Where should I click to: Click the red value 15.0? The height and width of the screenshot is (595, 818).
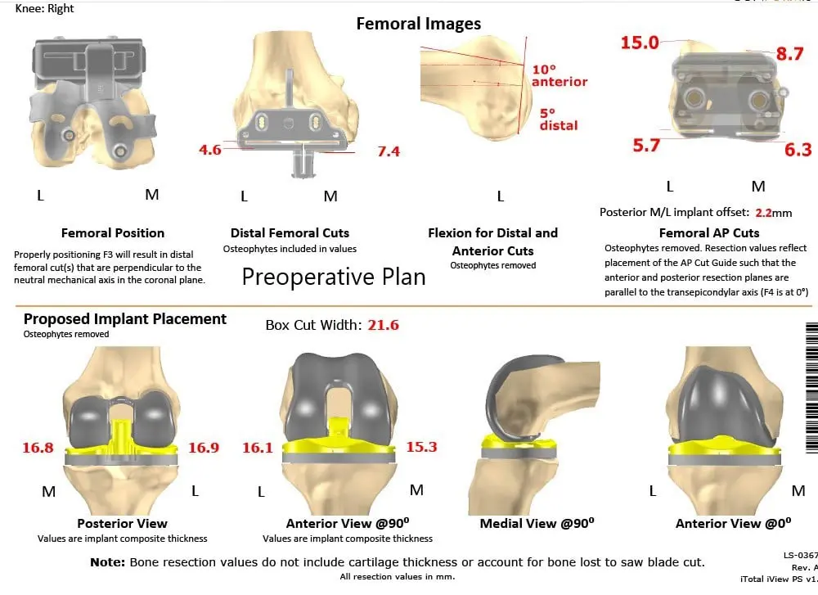pyautogui.click(x=640, y=43)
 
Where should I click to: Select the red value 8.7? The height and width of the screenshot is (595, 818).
pyautogui.click(x=789, y=54)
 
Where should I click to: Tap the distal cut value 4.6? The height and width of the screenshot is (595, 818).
pyautogui.click(x=210, y=150)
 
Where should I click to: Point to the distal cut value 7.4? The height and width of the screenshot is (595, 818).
pyautogui.click(x=388, y=151)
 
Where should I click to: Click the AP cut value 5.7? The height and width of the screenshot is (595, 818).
pyautogui.click(x=645, y=146)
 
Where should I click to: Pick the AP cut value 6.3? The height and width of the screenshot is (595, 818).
pyautogui.click(x=798, y=149)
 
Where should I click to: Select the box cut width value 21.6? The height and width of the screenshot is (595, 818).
pyautogui.click(x=383, y=325)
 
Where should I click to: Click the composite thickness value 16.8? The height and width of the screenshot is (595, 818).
pyautogui.click(x=38, y=448)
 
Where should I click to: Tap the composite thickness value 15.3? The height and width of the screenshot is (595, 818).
pyautogui.click(x=421, y=447)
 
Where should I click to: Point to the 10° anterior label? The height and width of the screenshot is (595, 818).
pyautogui.click(x=560, y=75)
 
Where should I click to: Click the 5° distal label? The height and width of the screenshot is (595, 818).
pyautogui.click(x=558, y=119)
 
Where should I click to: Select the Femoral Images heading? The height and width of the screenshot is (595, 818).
pyautogui.click(x=418, y=24)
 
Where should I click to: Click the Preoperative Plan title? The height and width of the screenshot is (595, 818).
pyautogui.click(x=334, y=277)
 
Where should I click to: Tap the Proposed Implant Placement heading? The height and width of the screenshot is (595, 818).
pyautogui.click(x=125, y=319)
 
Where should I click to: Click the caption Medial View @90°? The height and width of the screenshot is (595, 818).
pyautogui.click(x=537, y=523)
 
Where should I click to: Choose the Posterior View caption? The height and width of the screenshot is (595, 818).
pyautogui.click(x=122, y=523)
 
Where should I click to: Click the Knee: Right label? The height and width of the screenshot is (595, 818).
pyautogui.click(x=45, y=8)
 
